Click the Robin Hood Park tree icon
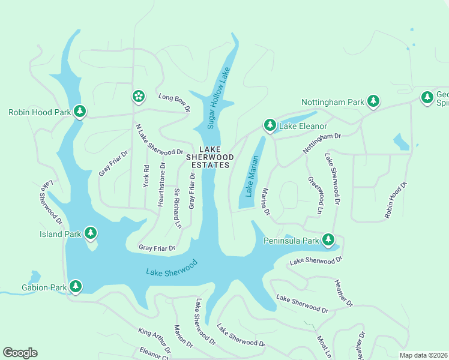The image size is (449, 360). tap(79, 111)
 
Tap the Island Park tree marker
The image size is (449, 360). tap(91, 233)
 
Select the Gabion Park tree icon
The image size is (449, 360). tap(76, 287)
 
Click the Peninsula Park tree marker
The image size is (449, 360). tap(328, 240)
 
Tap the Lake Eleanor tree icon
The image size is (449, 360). tap(270, 125)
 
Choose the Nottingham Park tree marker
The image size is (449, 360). tap(373, 101)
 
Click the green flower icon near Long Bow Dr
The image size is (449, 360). tap(138, 96)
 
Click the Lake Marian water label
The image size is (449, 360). tap(252, 176)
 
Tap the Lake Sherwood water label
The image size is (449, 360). tap(172, 268)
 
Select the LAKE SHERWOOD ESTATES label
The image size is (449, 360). tap(208, 157)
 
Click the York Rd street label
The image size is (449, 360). tap(146, 176)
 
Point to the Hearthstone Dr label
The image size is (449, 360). tap(161, 184)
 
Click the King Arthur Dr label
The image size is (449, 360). tap(154, 340)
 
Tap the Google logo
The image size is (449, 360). tap(20, 353)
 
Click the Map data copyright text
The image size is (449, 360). tap(423, 355)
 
